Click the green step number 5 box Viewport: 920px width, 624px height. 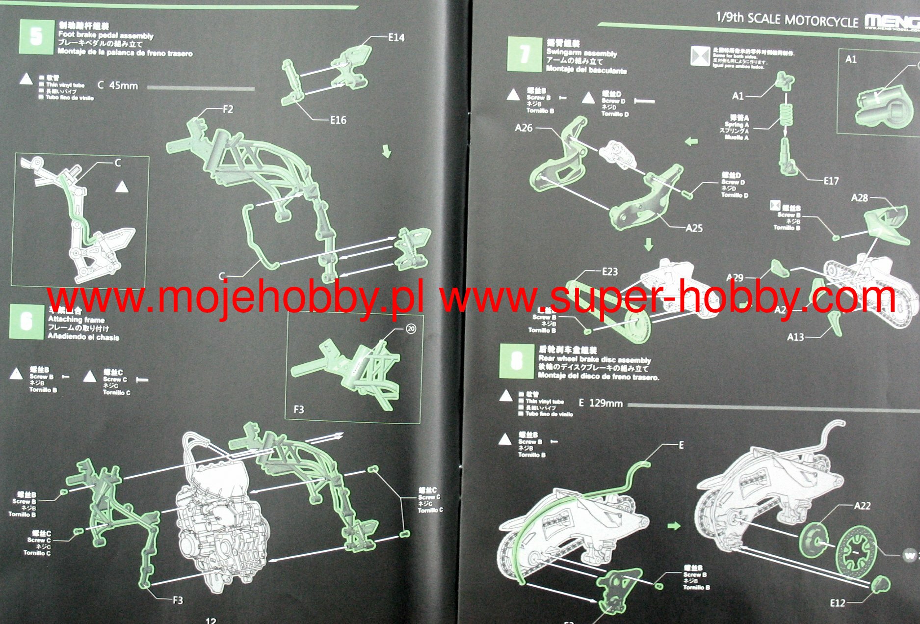(x=36, y=36)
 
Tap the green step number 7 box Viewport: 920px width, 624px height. (x=524, y=54)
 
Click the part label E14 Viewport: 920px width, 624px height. (x=396, y=37)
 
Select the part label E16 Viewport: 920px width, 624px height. (x=338, y=120)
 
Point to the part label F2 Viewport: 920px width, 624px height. (x=228, y=109)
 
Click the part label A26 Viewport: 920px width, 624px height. (x=524, y=128)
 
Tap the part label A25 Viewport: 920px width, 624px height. (x=694, y=228)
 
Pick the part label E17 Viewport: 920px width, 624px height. (x=831, y=181)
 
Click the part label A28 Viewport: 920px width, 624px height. (x=859, y=198)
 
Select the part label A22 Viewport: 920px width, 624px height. (x=862, y=506)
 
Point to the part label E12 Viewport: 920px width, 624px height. (x=838, y=603)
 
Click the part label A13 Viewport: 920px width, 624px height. (x=795, y=337)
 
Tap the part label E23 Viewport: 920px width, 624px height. (x=610, y=271)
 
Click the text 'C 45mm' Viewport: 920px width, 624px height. (x=118, y=85)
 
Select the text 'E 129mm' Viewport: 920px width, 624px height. (x=601, y=403)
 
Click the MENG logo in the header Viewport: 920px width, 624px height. (x=891, y=21)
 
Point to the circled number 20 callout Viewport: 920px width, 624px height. (x=411, y=329)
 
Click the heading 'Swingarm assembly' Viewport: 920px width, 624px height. (x=581, y=53)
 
